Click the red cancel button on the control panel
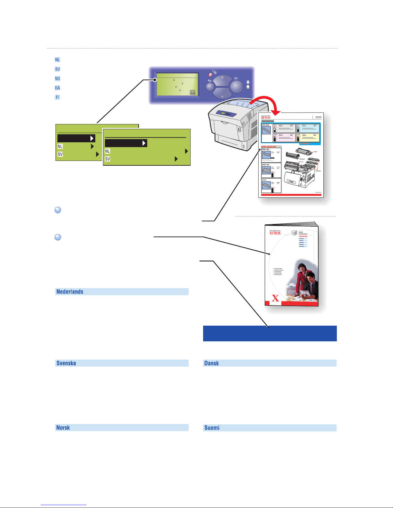210,75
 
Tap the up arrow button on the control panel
222,81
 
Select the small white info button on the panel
248,87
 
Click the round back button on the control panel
210,87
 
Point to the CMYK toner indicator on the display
192,92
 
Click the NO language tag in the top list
57,79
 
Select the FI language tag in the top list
57,97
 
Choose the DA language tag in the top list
57,88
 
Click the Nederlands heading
70,292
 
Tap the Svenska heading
66,363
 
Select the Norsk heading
63,428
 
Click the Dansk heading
212,363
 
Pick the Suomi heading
212,428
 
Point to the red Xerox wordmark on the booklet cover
275,233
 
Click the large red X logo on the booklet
275,298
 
